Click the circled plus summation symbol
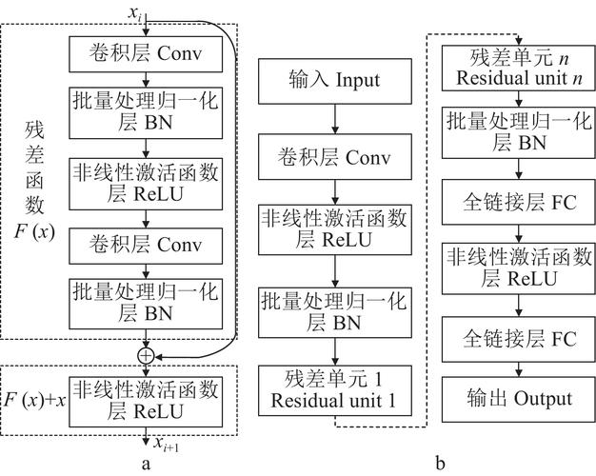tap(146, 356)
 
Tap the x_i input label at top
tap(134, 13)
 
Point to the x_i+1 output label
tap(166, 444)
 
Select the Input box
tap(335, 81)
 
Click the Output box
tap(519, 399)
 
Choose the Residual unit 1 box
tap(335, 390)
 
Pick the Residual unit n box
tap(519, 68)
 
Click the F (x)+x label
tap(35, 400)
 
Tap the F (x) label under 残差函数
tap(34, 230)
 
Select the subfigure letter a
tap(146, 464)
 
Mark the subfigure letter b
tap(440, 463)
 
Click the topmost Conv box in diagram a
tap(146, 54)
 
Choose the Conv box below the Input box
tap(335, 157)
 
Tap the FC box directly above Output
tap(519, 339)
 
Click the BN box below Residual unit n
tap(519, 132)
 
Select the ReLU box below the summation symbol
tap(146, 402)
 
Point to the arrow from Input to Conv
tap(335, 119)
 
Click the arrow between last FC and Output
tap(519, 369)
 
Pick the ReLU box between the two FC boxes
tap(519, 268)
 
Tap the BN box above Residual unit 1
tap(335, 313)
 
